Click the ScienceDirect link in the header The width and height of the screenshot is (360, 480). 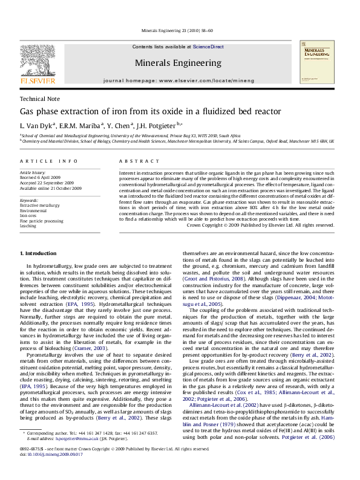point(208,47)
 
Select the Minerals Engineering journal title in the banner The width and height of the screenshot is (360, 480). point(178,62)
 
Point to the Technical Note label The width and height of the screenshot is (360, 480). point(40,99)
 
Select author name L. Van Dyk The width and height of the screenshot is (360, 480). point(37,126)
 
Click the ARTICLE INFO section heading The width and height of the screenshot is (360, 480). point(48,161)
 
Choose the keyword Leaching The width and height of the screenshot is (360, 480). point(28,225)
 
